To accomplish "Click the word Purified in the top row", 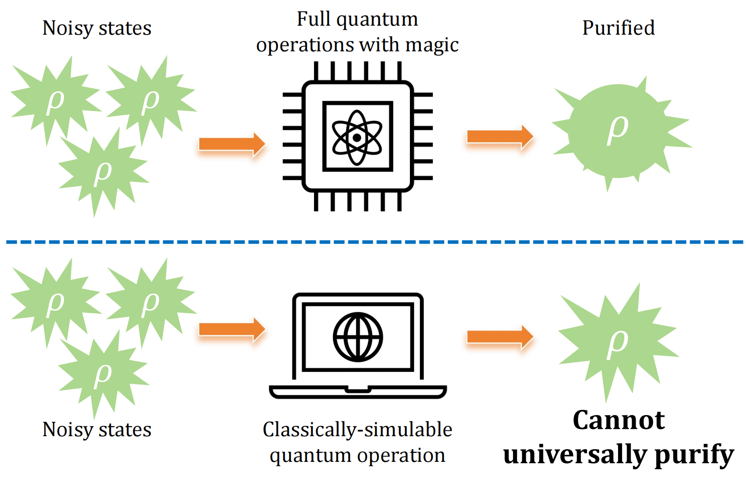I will tap(618, 28).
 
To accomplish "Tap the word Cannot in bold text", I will tap(618, 420).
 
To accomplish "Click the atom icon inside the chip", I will tap(357, 137).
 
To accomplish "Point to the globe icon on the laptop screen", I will tap(358, 337).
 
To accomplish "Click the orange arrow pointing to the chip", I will tap(232, 144).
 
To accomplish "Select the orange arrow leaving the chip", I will tap(500, 137).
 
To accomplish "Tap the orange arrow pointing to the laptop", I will tap(232, 330).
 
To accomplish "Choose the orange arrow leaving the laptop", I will tap(500, 337).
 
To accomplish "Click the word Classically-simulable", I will tap(357, 429).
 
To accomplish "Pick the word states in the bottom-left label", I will tap(125, 430).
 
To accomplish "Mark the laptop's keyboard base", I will tap(358, 392).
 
